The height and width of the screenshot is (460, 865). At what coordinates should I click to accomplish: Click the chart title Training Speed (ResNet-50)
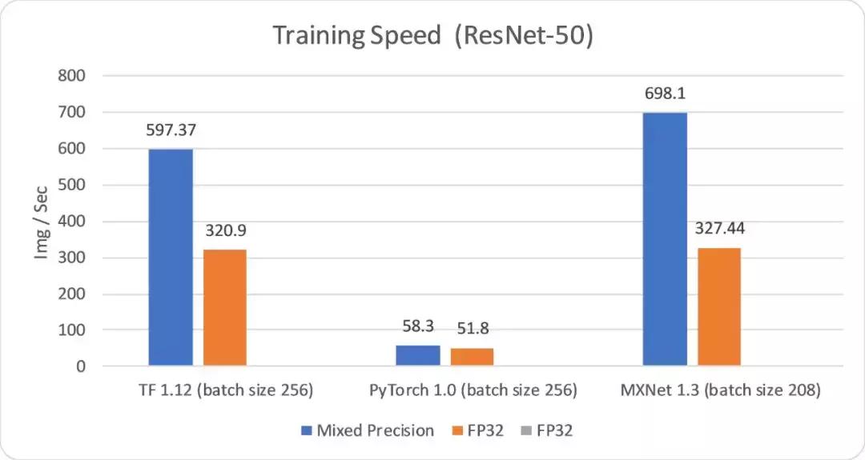[432, 36]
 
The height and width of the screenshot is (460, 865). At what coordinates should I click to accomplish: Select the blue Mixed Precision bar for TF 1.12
[171, 258]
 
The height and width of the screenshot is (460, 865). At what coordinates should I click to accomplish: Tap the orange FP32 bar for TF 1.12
[225, 308]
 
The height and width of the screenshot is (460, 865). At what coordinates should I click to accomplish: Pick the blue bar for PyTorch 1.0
[418, 356]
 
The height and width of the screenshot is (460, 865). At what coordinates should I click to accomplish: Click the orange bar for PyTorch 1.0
[472, 358]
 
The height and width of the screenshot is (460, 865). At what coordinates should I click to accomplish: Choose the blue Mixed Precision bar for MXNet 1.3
[665, 239]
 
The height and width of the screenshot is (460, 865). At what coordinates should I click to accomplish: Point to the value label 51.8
[472, 328]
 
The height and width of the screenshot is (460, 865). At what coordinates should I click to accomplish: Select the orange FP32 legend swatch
[457, 430]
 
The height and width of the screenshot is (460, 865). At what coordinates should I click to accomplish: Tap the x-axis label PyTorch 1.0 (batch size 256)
[473, 391]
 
